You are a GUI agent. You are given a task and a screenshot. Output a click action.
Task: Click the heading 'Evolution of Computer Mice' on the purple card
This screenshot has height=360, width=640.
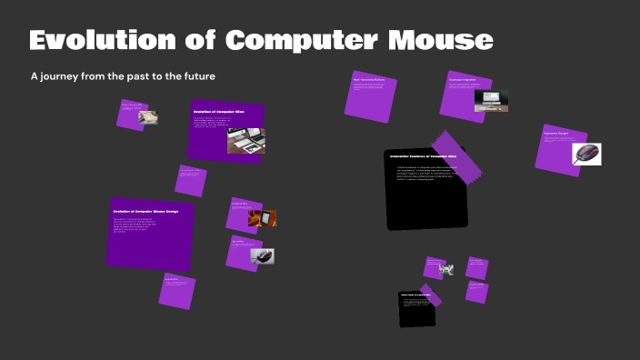pyautogui.click(x=218, y=112)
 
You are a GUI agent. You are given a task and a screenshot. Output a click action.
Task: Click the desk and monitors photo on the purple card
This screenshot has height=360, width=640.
pyautogui.click(x=245, y=139)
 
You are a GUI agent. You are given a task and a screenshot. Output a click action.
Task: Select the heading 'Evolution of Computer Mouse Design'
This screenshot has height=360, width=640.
pyautogui.click(x=145, y=211)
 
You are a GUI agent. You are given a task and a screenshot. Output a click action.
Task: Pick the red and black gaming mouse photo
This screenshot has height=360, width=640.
pyautogui.click(x=586, y=154)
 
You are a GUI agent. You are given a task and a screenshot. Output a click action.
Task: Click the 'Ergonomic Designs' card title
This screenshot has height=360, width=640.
pyautogui.click(x=555, y=134)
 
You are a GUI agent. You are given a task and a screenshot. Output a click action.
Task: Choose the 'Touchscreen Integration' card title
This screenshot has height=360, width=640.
pyautogui.click(x=463, y=79)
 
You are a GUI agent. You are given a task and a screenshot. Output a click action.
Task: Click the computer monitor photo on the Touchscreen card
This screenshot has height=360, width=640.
pyautogui.click(x=491, y=101)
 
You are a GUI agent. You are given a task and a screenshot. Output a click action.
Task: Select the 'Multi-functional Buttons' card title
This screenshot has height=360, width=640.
pyautogui.click(x=369, y=80)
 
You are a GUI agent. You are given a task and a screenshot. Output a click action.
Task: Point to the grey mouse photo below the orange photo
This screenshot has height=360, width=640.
pyautogui.click(x=263, y=256)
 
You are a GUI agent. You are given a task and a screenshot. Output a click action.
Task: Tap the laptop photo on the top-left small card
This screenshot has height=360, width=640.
pyautogui.click(x=146, y=117)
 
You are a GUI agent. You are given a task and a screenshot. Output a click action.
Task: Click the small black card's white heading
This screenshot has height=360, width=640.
pyautogui.click(x=414, y=296)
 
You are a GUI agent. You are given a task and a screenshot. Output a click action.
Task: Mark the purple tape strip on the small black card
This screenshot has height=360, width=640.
pyautogui.click(x=430, y=295)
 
